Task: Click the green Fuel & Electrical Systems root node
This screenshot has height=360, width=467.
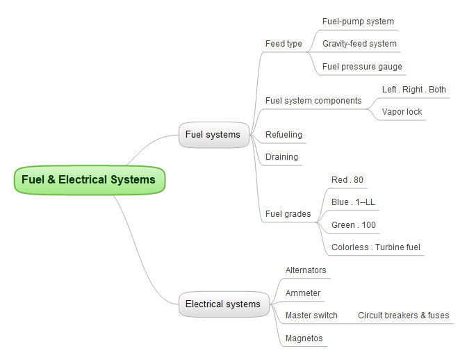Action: click(x=89, y=180)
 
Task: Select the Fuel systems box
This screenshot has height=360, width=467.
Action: click(x=213, y=135)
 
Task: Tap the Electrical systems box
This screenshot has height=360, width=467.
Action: click(x=222, y=304)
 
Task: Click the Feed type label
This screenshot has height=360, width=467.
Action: click(x=284, y=44)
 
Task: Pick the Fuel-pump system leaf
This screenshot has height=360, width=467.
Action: click(x=358, y=22)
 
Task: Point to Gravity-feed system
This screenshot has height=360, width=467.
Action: click(x=359, y=44)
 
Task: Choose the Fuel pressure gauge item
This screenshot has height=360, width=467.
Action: click(x=362, y=67)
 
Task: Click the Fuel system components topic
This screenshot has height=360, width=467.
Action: click(x=313, y=101)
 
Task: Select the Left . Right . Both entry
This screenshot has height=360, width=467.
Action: click(x=414, y=90)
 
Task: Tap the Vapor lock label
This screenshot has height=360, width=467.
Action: click(x=402, y=112)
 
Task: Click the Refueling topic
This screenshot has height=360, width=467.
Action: click(x=284, y=135)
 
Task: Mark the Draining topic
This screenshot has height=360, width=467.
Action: click(x=281, y=157)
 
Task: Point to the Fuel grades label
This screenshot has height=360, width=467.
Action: click(x=288, y=214)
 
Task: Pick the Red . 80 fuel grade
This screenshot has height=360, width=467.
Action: click(x=347, y=180)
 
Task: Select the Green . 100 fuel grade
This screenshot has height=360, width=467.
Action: click(x=354, y=225)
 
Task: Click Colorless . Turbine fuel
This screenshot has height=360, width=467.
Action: click(x=376, y=247)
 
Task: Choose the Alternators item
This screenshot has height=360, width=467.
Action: click(x=306, y=270)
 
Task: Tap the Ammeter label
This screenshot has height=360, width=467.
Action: click(x=303, y=293)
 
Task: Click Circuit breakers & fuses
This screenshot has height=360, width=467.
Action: click(x=403, y=316)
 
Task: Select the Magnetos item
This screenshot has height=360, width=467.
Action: click(x=304, y=338)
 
